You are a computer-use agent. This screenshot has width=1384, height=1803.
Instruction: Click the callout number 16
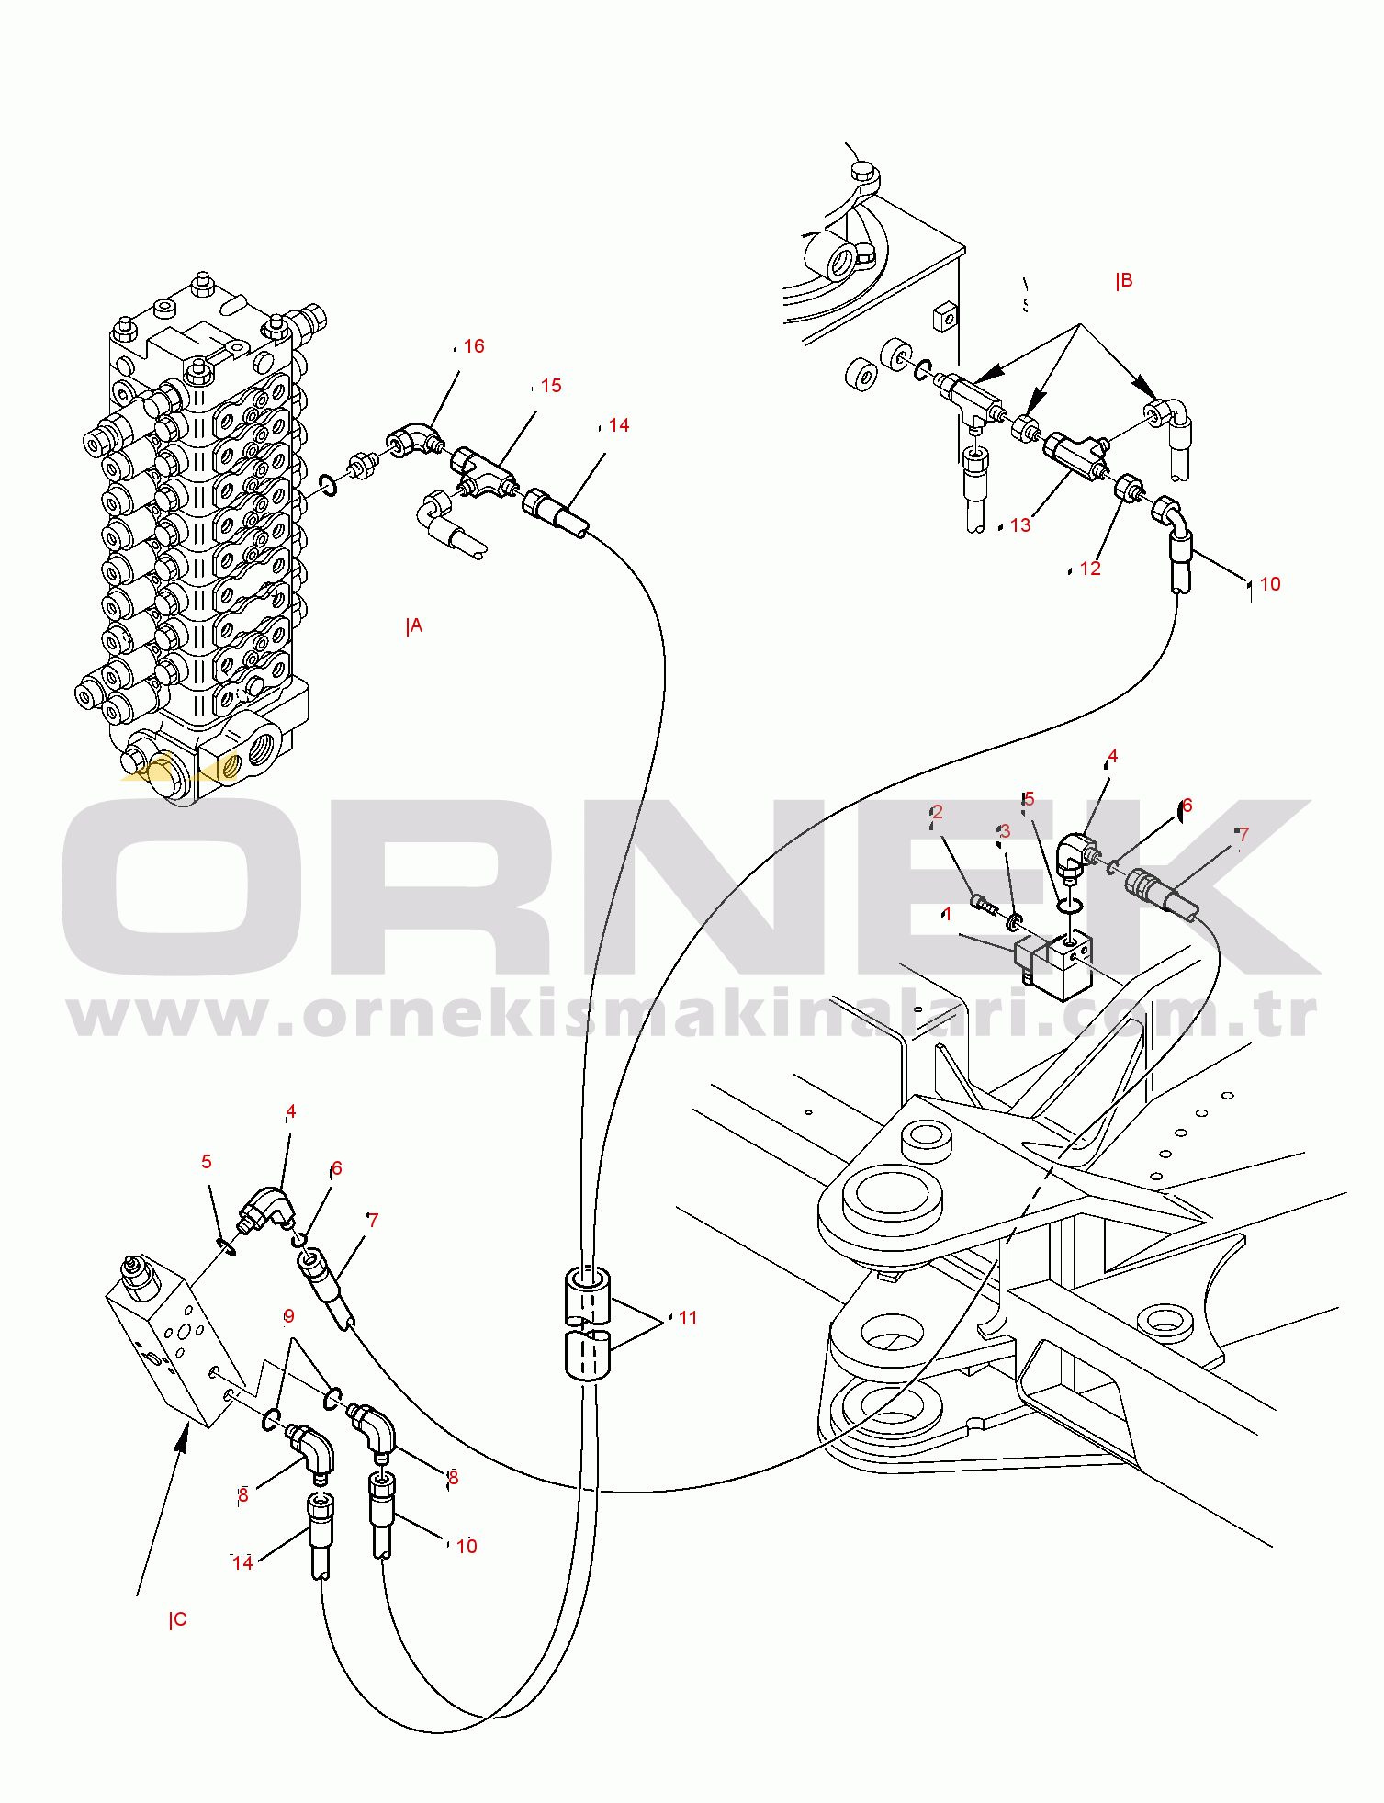click(474, 346)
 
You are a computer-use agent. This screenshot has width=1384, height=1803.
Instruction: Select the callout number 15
click(551, 386)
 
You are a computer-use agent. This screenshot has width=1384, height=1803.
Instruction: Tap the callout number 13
click(1020, 525)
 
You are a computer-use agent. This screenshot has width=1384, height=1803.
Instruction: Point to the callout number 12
click(1090, 569)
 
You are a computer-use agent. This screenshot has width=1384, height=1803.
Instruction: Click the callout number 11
click(688, 1318)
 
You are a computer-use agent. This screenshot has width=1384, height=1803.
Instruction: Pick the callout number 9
click(288, 1316)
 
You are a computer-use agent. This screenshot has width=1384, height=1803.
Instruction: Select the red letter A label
click(415, 626)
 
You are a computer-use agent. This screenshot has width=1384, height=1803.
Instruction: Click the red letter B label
click(1125, 281)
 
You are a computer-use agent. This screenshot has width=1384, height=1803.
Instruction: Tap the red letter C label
click(179, 1619)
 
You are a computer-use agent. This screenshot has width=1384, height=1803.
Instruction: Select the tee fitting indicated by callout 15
click(485, 470)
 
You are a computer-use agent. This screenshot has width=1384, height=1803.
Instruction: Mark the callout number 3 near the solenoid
click(1005, 830)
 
